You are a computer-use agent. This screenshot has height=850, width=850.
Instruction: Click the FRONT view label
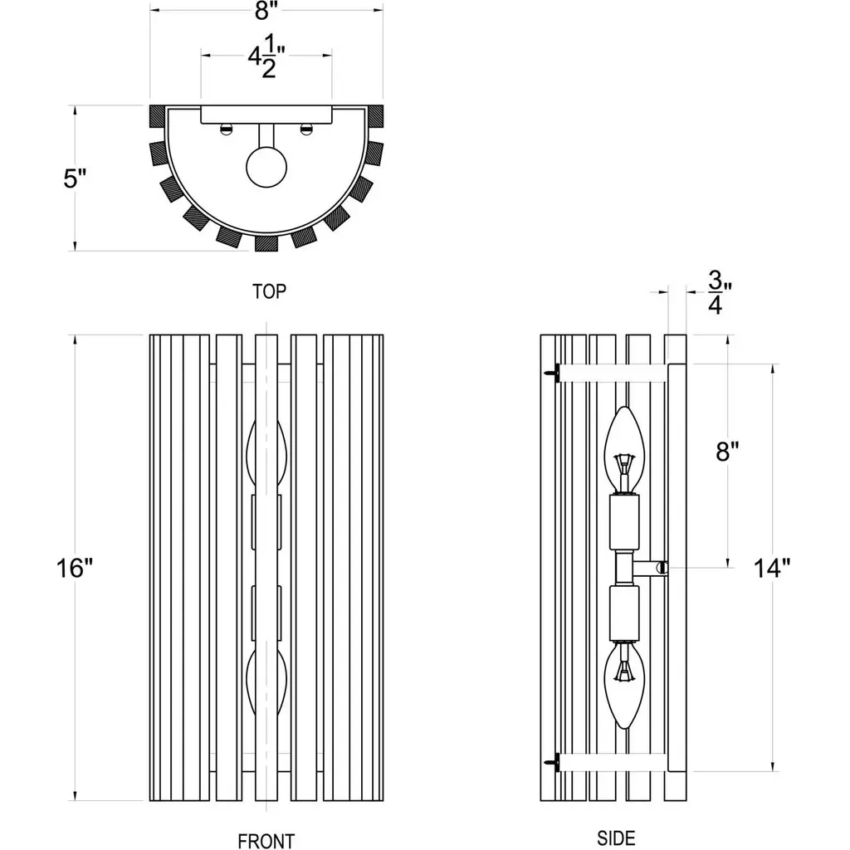coord(266,840)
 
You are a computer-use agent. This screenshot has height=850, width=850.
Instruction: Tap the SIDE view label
coord(616,838)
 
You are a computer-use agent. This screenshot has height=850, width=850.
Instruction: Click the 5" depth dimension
coord(76,178)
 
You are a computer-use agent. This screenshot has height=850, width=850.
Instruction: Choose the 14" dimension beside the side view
coord(772,569)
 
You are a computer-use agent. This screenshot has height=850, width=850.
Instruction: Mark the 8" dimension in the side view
coord(727,452)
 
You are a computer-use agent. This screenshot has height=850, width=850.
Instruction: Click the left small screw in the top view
coord(225,128)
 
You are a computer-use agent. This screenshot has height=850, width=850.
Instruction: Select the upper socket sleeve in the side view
coord(624,520)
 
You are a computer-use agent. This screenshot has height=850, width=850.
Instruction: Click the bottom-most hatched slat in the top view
coord(266,242)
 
